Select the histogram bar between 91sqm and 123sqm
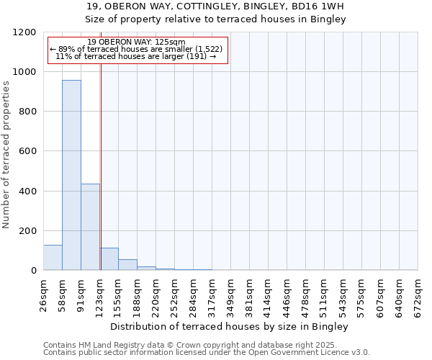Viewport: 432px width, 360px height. coord(90,227)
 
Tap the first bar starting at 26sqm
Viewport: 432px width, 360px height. coord(53,257)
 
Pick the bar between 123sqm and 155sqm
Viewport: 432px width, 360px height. coord(109,259)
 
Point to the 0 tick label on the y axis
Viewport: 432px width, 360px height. coord(33,271)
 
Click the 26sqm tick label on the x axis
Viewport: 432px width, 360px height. coord(43,293)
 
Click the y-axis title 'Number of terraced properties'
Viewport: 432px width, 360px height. coord(6,154)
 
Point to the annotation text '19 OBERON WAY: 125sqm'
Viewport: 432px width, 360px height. coord(136,42)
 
